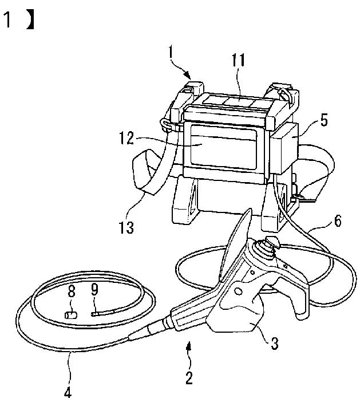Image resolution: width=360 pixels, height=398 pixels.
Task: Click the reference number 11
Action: point(239,60)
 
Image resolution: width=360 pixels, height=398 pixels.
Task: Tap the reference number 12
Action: point(126,139)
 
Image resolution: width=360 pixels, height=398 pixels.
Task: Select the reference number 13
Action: point(126,227)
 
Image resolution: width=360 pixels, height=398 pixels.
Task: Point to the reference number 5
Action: point(324,120)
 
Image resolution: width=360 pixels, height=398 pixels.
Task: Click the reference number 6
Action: point(338,221)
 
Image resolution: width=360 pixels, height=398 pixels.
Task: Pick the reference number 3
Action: point(275,344)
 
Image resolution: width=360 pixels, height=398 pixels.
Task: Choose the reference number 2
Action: point(189,378)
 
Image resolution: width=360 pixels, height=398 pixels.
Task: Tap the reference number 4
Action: point(68,392)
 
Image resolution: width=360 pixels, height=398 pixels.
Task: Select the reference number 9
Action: point(94,290)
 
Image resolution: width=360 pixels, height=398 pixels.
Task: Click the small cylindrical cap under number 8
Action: point(71,316)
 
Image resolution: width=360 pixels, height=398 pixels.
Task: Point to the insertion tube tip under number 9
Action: point(94,314)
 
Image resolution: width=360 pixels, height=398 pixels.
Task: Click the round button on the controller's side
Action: point(238,291)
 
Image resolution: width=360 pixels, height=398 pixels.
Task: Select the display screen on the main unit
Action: point(223,147)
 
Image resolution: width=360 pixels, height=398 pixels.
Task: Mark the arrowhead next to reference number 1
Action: point(188,75)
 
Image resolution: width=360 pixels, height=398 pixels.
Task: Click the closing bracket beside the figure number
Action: point(30,21)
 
